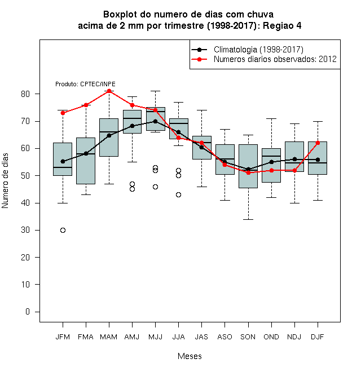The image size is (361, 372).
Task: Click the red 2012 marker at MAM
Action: click(x=109, y=91)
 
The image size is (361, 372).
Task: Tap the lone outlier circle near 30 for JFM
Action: click(x=63, y=230)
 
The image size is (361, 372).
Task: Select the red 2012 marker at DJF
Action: click(x=318, y=143)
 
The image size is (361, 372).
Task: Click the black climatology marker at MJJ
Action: click(x=155, y=121)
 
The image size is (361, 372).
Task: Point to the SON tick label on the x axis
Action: click(x=248, y=337)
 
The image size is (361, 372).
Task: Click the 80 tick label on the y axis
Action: click(x=25, y=94)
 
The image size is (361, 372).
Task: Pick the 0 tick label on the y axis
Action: click(x=28, y=312)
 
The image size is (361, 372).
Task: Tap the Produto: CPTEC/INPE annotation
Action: click(x=85, y=84)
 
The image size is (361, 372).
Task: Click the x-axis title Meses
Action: click(x=190, y=356)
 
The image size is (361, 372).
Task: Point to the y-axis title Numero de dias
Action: click(x=5, y=181)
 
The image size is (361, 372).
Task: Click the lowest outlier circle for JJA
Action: click(x=178, y=195)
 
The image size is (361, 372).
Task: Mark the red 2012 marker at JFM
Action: click(x=63, y=113)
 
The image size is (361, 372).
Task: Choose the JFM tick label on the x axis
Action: click(x=63, y=337)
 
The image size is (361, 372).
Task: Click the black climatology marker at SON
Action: click(x=248, y=169)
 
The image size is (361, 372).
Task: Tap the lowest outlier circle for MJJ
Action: click(x=155, y=187)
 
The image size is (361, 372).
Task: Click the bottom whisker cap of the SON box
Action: click(x=248, y=219)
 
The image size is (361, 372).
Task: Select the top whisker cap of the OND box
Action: click(x=271, y=118)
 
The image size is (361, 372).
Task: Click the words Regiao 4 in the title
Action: click(x=282, y=25)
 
